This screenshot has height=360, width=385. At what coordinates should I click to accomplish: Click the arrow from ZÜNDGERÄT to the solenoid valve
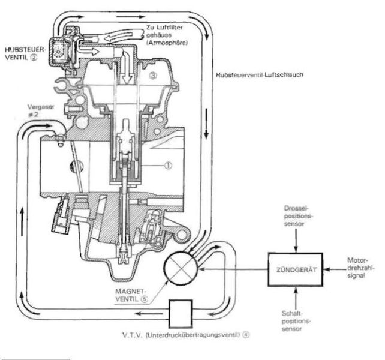(x=234, y=269)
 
